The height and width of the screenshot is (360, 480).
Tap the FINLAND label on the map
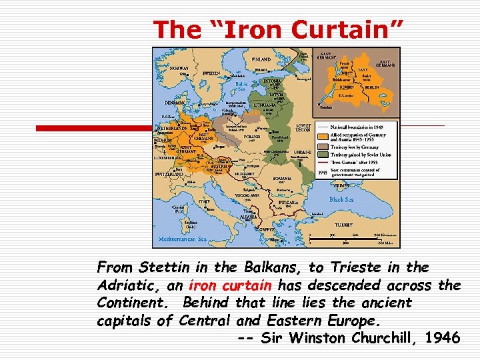[261, 59]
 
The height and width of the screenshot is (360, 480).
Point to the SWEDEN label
[212, 73]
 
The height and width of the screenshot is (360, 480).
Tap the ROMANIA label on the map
[283, 179]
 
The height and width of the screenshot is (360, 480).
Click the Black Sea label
[341, 199]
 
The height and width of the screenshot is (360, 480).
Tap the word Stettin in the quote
[165, 268]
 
